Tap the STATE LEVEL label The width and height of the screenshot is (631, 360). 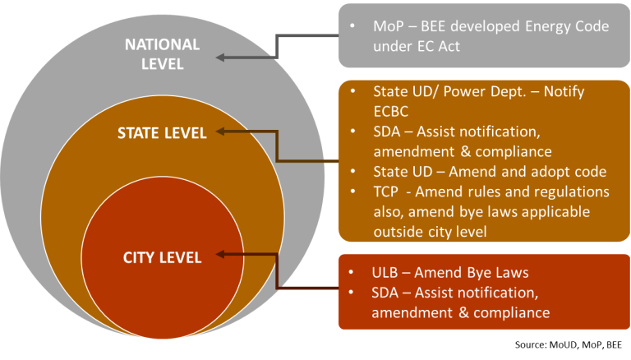tap(161, 132)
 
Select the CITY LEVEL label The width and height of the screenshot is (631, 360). tap(162, 257)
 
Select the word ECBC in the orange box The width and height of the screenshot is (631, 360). tap(392, 112)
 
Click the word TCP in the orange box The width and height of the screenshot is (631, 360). tap(386, 192)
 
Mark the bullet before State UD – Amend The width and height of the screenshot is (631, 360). tap(352, 171)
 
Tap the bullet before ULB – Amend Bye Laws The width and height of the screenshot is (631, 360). tap(352, 273)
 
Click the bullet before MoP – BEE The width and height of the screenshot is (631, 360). tap(352, 27)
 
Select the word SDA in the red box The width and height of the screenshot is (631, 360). tap(387, 293)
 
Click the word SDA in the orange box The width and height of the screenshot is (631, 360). tap(387, 132)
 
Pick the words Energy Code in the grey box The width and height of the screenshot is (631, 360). tap(568, 27)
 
